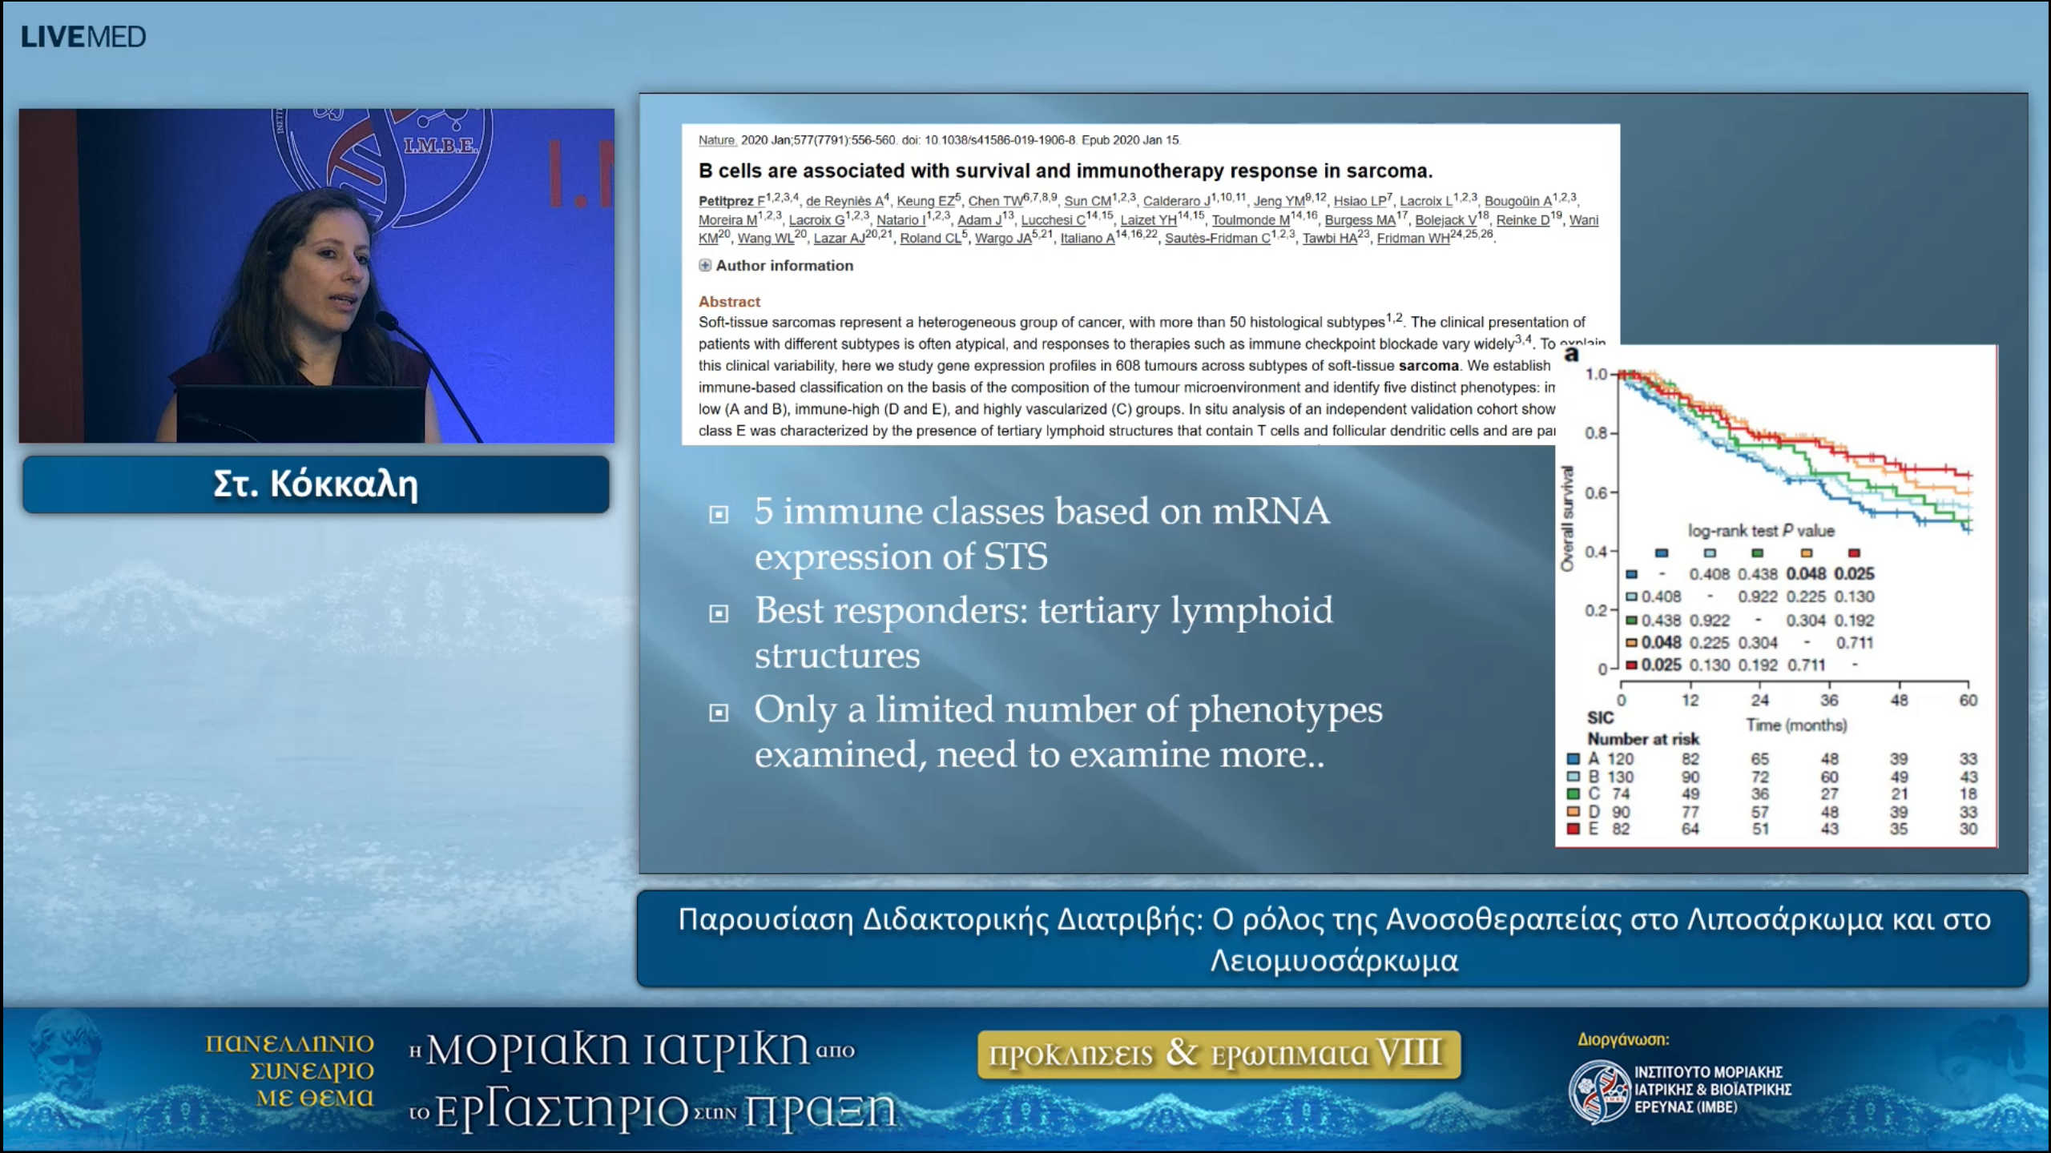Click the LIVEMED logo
click(x=83, y=37)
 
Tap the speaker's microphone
click(x=387, y=321)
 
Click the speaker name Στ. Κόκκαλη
click(x=316, y=484)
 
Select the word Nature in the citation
click(x=716, y=140)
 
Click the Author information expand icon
click(x=705, y=265)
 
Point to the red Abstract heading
click(x=729, y=302)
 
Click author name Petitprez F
click(x=731, y=201)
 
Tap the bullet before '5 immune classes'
click(x=719, y=514)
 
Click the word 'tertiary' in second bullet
click(x=1098, y=611)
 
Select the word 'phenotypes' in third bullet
click(x=1285, y=710)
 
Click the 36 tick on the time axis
click(x=1829, y=700)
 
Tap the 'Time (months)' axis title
click(x=1796, y=725)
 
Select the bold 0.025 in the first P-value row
click(x=1854, y=573)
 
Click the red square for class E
click(x=1573, y=829)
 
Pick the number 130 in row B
click(x=1620, y=777)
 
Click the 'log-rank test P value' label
click(x=1761, y=530)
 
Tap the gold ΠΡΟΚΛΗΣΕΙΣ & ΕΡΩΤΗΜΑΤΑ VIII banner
click(x=1218, y=1054)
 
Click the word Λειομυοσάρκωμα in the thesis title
click(x=1334, y=960)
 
